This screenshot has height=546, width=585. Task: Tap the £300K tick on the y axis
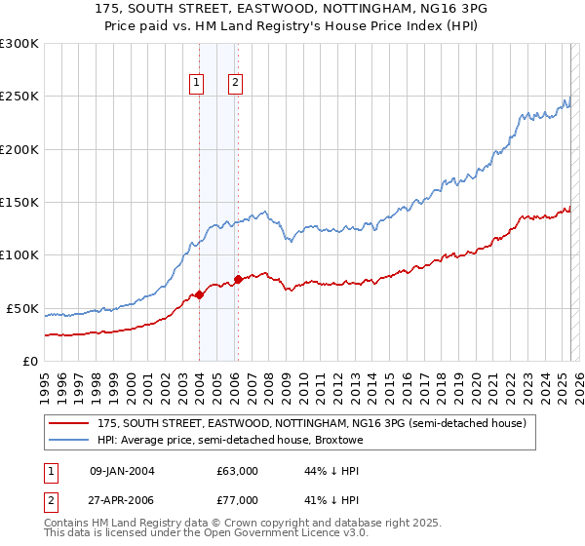(x=19, y=44)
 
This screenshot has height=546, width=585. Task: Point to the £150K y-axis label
(x=19, y=203)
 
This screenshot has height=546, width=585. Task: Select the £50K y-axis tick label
(x=22, y=308)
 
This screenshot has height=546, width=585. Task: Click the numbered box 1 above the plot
(x=197, y=84)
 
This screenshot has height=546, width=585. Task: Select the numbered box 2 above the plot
(x=236, y=84)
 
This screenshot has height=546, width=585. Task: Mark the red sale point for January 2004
(x=199, y=294)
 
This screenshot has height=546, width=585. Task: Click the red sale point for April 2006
(x=238, y=280)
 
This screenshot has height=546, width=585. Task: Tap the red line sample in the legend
(x=69, y=423)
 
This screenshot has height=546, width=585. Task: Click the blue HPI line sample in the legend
(x=69, y=440)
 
